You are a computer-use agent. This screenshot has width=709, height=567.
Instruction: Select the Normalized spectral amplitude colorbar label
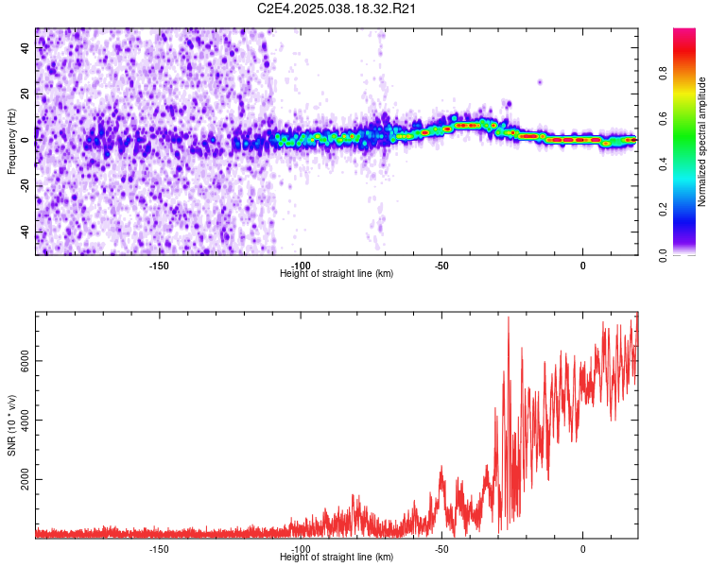coord(702,142)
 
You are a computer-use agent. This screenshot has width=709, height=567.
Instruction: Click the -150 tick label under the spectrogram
coord(159,266)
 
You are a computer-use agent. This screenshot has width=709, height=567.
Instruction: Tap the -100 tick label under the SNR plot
coord(301,549)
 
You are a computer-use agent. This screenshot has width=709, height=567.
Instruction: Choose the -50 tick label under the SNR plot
coord(441,549)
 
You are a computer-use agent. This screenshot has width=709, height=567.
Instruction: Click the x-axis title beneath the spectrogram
coord(337,274)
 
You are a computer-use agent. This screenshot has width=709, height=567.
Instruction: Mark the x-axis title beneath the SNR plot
coord(337,558)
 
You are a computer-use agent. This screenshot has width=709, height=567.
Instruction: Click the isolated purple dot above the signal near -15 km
coord(540,82)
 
